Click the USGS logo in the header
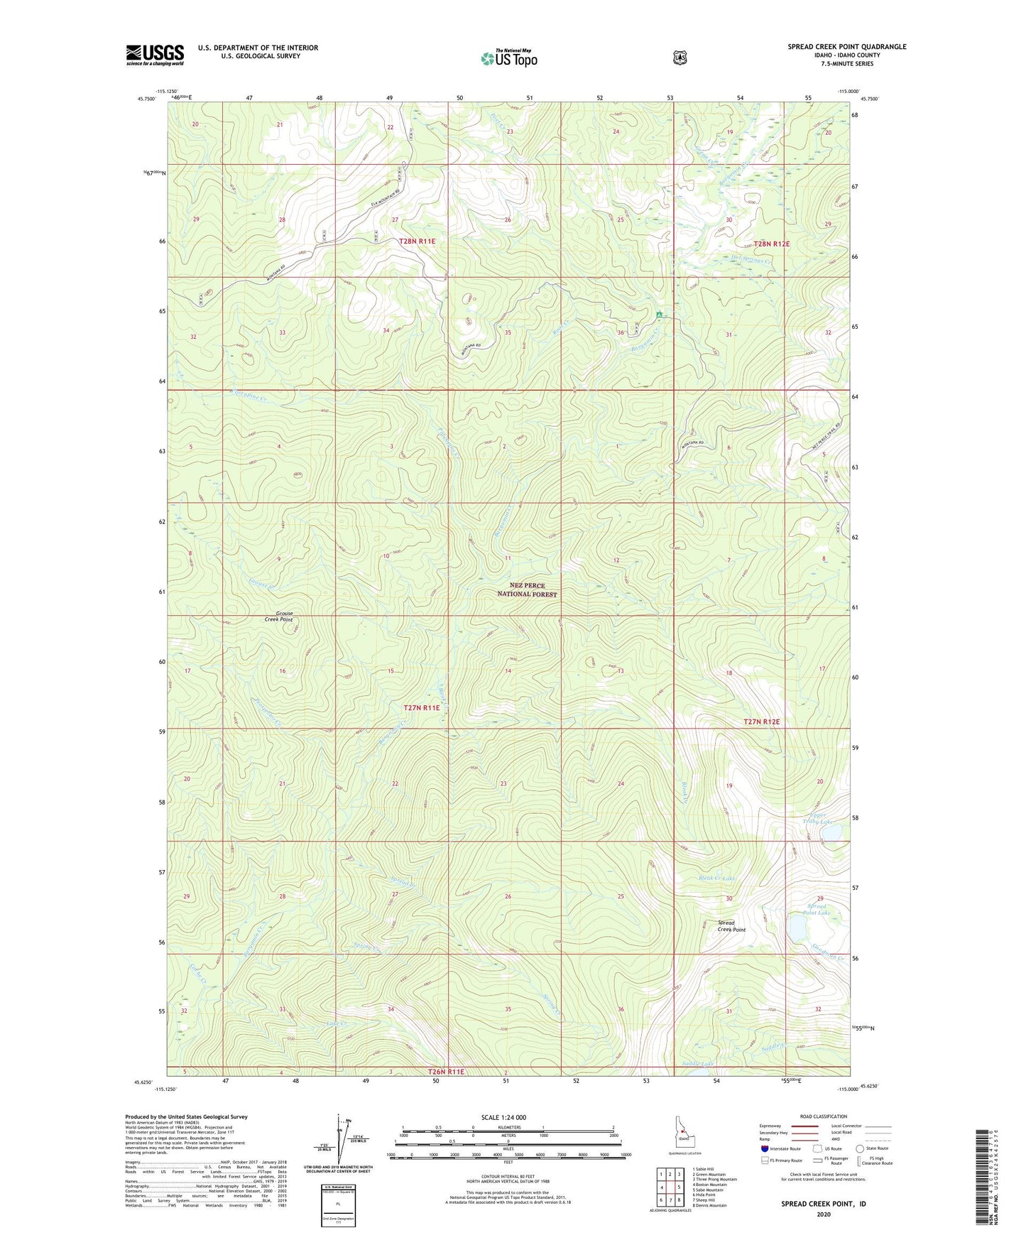[155, 55]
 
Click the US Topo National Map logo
[508, 58]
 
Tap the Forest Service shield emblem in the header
[680, 58]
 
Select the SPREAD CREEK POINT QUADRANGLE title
[846, 47]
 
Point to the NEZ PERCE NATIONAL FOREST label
[527, 590]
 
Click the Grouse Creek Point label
[278, 616]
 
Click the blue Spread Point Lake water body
[797, 927]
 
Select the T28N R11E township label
[417, 241]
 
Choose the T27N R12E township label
[761, 722]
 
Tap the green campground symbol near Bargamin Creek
[660, 314]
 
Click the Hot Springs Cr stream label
[746, 261]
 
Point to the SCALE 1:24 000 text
[503, 1117]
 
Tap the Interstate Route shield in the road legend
[764, 1148]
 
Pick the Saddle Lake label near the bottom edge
[697, 1063]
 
